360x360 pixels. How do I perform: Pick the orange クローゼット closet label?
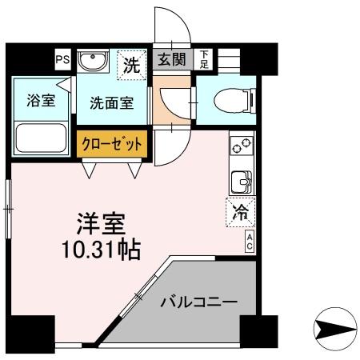click(x=113, y=145)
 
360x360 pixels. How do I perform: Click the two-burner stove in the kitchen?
click(x=241, y=146)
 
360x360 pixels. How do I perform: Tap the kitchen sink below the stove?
click(x=240, y=182)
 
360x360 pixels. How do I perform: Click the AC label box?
click(x=250, y=242)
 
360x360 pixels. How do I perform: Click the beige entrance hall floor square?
click(x=168, y=105)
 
